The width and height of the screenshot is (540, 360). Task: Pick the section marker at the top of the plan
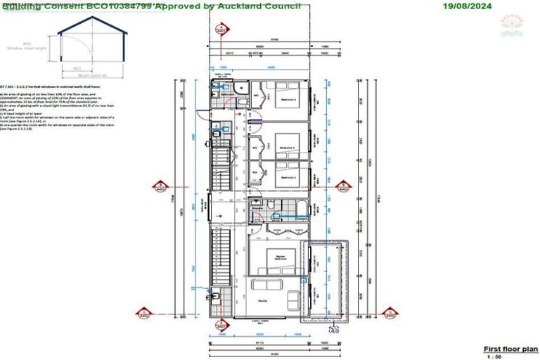(x=221, y=31)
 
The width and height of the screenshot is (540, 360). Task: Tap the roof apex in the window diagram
(x=92, y=18)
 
